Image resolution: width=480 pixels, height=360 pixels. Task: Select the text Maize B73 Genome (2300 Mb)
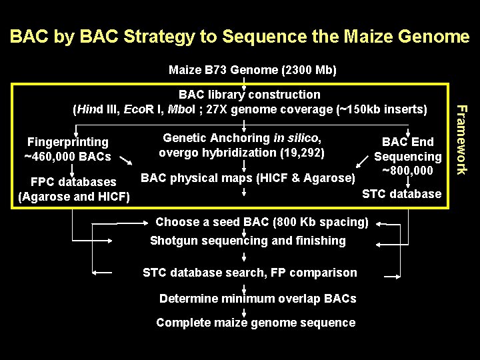tap(253, 70)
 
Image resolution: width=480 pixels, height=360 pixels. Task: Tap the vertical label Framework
tap(465, 140)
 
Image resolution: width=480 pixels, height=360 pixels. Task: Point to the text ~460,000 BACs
tap(67, 157)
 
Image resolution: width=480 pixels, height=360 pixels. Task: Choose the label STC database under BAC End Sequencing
tap(401, 194)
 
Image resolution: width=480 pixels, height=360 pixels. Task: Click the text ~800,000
tap(408, 171)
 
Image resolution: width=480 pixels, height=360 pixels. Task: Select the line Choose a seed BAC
tap(261, 222)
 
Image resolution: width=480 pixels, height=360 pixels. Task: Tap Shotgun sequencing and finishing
tap(248, 241)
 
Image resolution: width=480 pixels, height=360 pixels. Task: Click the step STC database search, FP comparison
tap(250, 272)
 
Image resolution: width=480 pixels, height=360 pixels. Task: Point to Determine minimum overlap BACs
tap(258, 299)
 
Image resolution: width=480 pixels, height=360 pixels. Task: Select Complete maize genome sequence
tap(255, 323)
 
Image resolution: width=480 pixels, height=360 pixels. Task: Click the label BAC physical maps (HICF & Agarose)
tap(247, 178)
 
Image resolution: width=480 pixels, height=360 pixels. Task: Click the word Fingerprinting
tap(67, 142)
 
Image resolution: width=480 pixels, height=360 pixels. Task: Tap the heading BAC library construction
tap(249, 95)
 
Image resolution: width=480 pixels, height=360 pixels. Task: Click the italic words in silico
tap(297, 138)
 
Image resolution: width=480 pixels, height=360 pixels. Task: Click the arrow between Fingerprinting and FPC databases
tap(72, 169)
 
